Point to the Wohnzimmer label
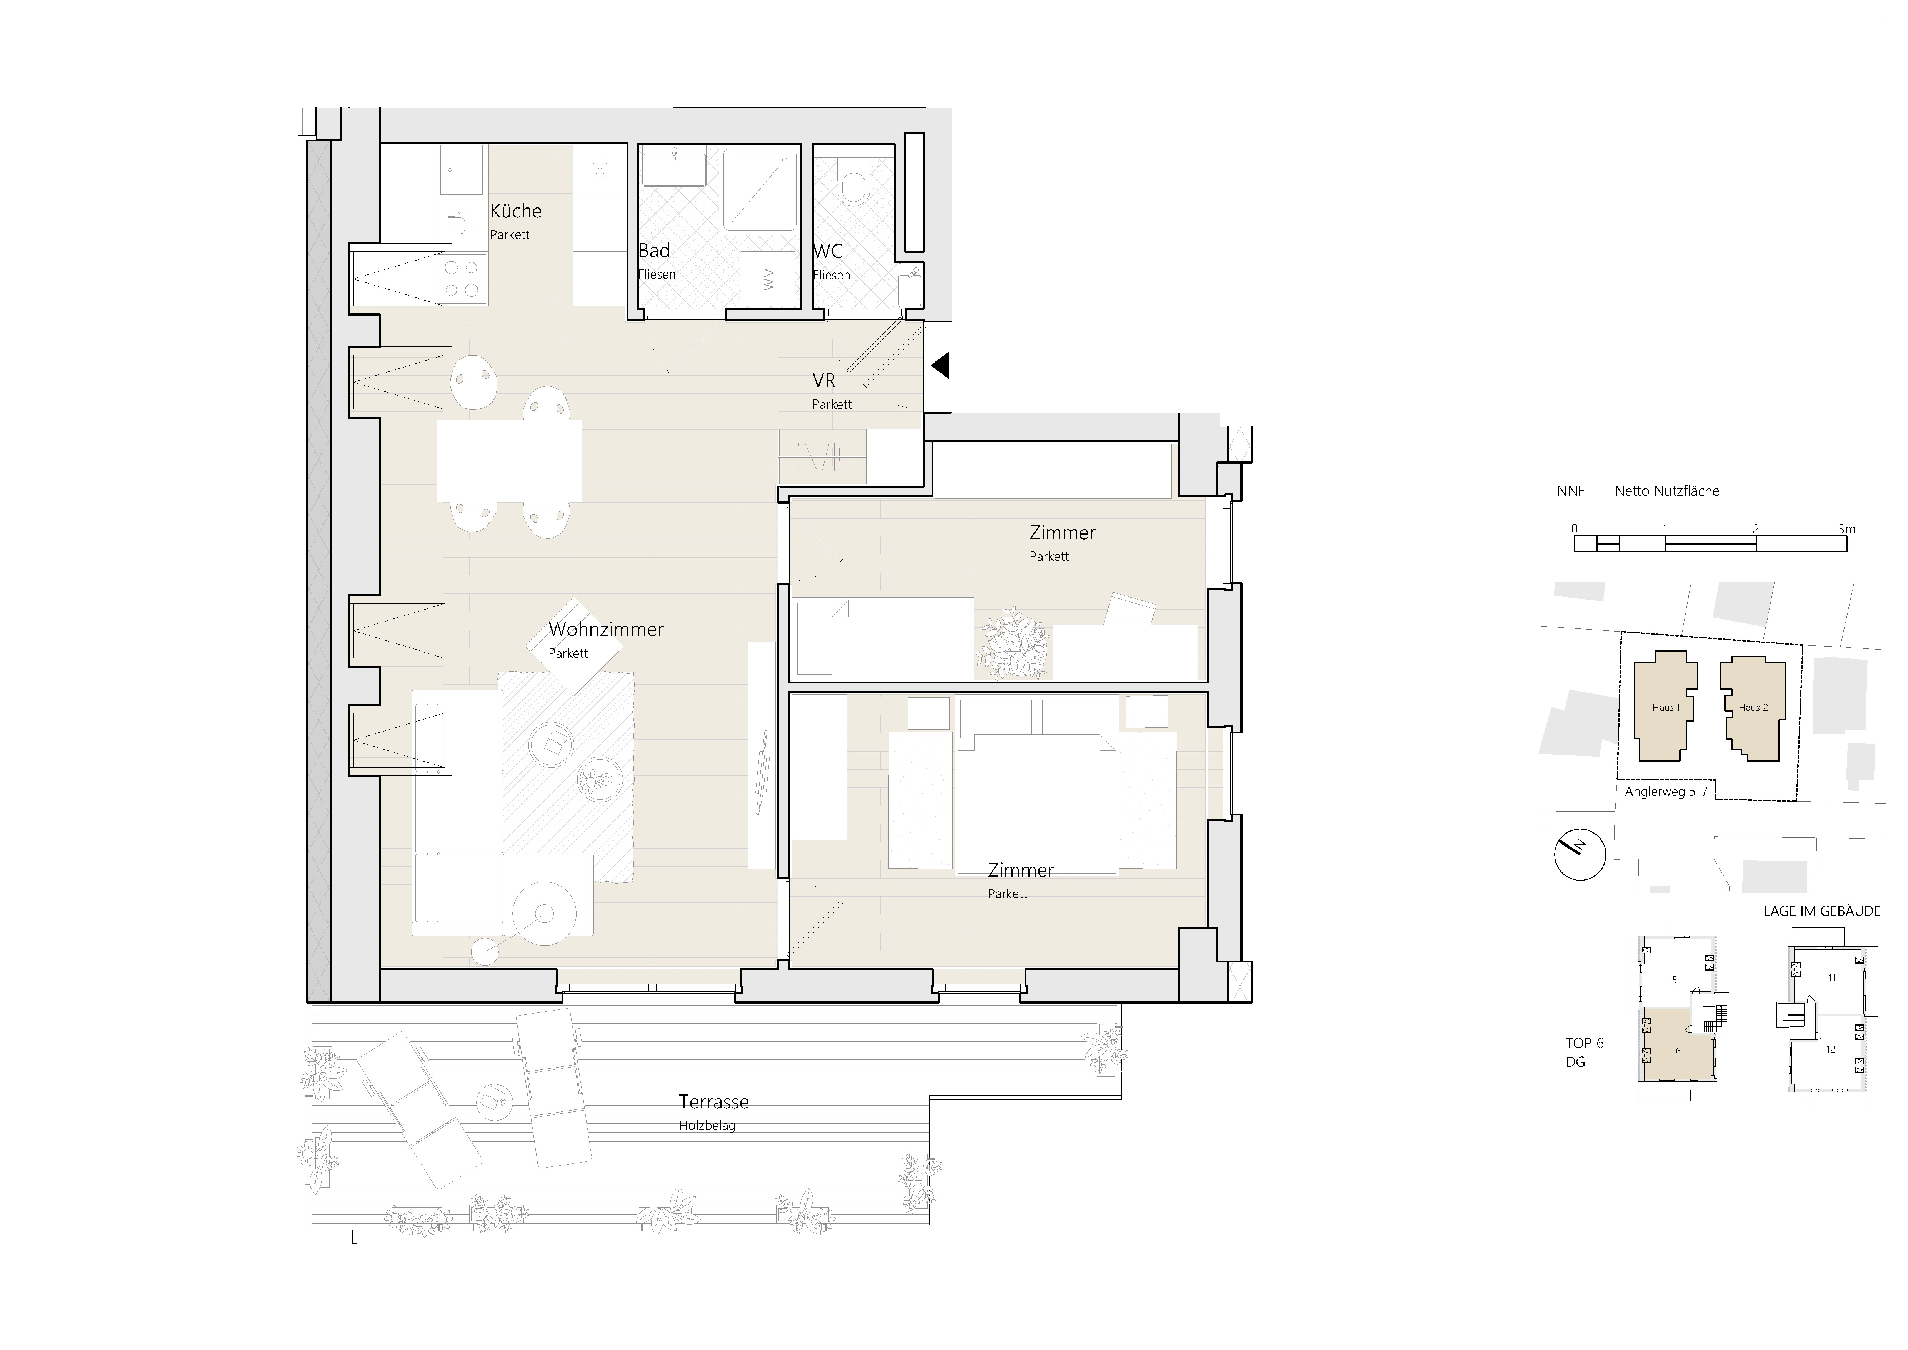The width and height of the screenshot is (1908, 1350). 606,629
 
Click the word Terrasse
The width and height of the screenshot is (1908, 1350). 714,1102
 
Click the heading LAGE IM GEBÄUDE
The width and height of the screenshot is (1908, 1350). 1821,911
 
